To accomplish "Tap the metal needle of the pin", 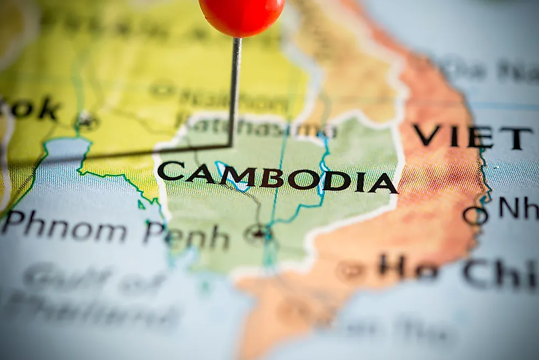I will [234, 92].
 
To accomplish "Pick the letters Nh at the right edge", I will [518, 208].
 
